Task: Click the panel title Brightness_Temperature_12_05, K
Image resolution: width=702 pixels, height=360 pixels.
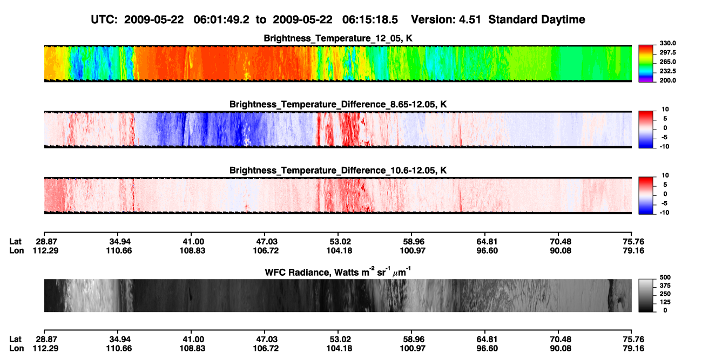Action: [x=338, y=38]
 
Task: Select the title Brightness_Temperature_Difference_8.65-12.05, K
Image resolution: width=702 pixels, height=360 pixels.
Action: [x=338, y=104]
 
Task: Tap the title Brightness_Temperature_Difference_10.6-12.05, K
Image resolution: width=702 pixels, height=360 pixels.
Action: [x=338, y=171]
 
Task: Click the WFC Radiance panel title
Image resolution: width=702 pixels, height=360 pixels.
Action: [x=338, y=272]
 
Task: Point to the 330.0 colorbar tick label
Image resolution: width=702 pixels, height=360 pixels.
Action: [x=667, y=43]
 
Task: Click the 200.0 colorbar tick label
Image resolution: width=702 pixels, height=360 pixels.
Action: [x=667, y=80]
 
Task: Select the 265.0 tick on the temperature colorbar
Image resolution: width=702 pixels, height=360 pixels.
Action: [x=667, y=62]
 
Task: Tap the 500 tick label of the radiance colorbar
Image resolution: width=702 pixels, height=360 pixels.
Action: [x=665, y=277]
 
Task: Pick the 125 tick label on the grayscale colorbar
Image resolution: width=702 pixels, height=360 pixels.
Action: [x=665, y=302]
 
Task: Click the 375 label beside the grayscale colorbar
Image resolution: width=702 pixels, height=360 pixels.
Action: [x=665, y=286]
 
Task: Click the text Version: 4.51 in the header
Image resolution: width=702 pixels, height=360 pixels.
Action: [x=446, y=19]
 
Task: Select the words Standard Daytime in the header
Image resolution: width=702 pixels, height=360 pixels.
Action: [x=537, y=19]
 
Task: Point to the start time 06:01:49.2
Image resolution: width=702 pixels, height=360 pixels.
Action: [x=221, y=19]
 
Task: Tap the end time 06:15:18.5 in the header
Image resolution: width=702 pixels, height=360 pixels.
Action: [x=370, y=19]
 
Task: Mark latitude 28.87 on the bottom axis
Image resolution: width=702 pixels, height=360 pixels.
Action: [x=46, y=339]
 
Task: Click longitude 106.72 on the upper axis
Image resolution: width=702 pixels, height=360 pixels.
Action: [x=266, y=250]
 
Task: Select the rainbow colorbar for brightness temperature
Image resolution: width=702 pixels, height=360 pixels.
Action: [x=646, y=64]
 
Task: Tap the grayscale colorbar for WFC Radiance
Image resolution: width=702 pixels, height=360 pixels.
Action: [x=646, y=295]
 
